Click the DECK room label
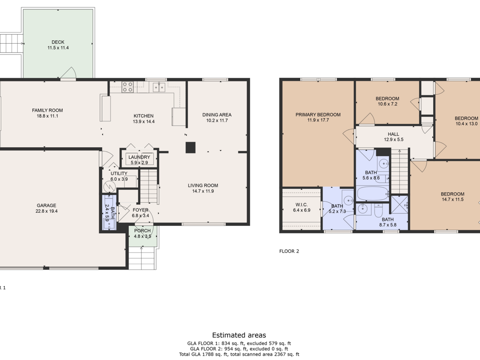58,42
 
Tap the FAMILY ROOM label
47,110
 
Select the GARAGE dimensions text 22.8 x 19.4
46,211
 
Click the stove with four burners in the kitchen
127,87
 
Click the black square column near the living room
190,148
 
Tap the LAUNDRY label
139,157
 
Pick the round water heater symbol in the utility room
109,187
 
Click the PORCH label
142,231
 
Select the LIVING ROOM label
203,185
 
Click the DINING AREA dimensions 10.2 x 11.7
217,120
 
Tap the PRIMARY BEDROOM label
318,114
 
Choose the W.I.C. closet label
301,204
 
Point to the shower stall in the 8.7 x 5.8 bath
399,205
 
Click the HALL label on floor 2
393,134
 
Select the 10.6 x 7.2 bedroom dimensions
388,104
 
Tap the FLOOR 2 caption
289,251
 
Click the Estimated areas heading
239,335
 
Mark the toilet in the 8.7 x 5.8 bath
379,210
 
